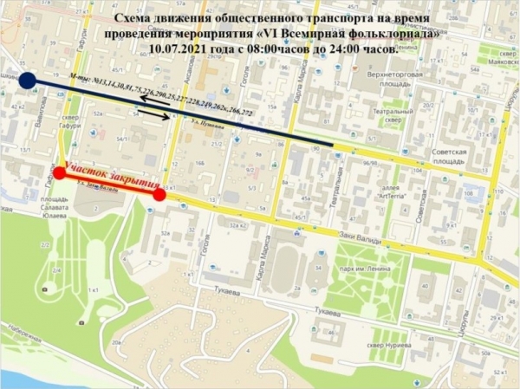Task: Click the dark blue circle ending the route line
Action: [27, 81]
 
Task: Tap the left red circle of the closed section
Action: [59, 172]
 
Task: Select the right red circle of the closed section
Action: [160, 194]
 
